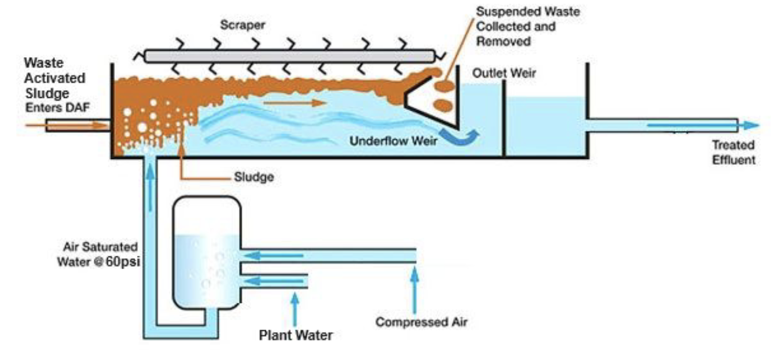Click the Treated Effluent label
[733, 152]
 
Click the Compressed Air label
[421, 321]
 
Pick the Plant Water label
[296, 336]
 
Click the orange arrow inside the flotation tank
[291, 103]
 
